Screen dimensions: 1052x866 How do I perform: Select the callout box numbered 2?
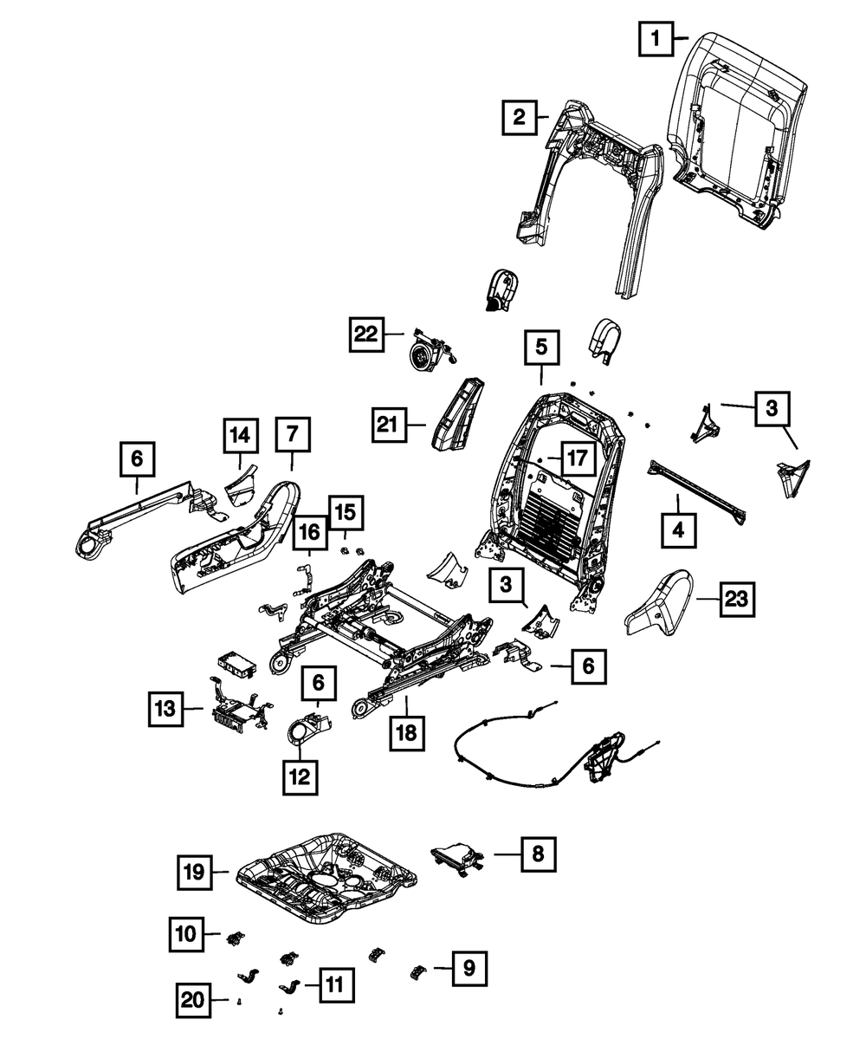pos(519,117)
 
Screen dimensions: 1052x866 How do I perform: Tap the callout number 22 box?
pos(368,334)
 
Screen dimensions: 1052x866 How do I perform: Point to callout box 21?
pos(391,424)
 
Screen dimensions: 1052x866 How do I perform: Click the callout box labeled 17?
pos(578,458)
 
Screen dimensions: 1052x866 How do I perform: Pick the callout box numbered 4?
pos(678,529)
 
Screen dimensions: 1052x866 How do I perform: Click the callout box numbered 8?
pos(538,854)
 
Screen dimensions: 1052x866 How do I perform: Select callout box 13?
pos(165,710)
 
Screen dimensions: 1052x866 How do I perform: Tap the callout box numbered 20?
pos(195,1000)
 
